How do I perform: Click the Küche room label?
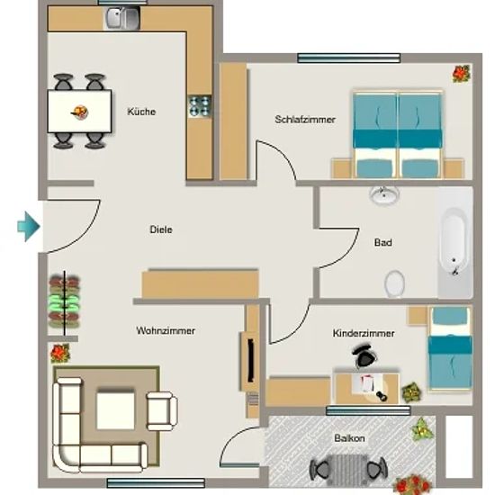click(141, 112)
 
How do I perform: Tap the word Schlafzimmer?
click(305, 120)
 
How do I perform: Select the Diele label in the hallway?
click(161, 229)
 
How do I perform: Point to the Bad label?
click(382, 242)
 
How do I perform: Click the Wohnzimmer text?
click(166, 330)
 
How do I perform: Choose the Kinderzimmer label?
click(364, 333)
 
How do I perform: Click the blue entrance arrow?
click(29, 226)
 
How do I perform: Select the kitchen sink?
click(122, 18)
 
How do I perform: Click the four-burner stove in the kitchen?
click(199, 106)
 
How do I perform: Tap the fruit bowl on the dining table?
click(79, 112)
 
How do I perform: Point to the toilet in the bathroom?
click(394, 283)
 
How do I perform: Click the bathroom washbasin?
click(384, 195)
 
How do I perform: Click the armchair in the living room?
click(162, 411)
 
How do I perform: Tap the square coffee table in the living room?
click(115, 410)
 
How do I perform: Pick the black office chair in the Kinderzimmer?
click(364, 355)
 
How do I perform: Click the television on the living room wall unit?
click(251, 360)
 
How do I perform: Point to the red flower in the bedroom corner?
click(462, 74)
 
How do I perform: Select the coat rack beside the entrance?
click(65, 302)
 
